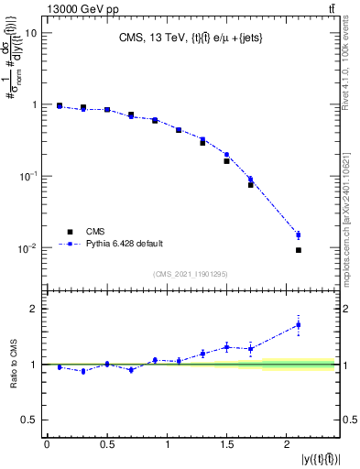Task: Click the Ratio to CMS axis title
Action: [13, 365]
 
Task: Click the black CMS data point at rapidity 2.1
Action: [299, 250]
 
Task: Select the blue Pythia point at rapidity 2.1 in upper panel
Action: [299, 235]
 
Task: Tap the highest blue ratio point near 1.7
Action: [299, 324]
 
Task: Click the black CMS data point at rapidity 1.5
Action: [226, 161]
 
